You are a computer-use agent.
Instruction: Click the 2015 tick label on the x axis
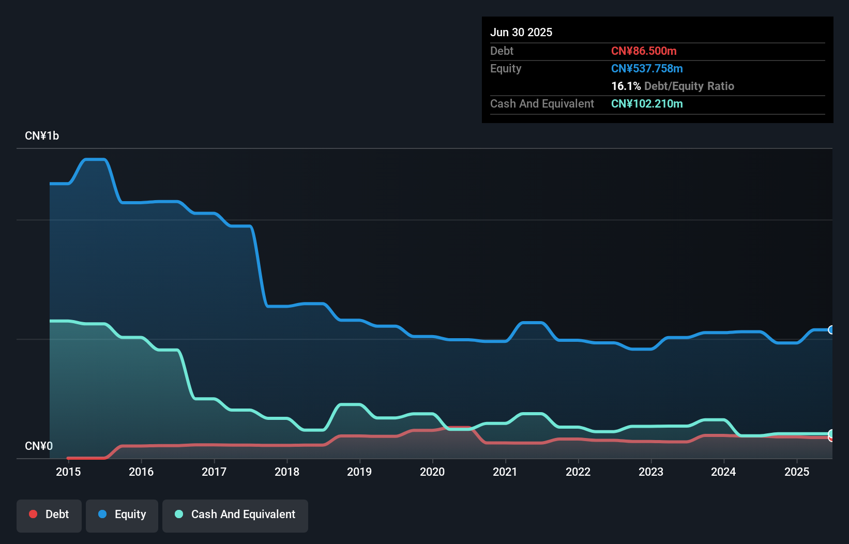[68, 472]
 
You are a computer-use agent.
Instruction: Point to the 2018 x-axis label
[287, 472]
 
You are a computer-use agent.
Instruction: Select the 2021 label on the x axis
[505, 472]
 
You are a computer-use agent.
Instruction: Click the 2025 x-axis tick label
[796, 472]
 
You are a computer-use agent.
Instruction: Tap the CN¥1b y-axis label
[42, 136]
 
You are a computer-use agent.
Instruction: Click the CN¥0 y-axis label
[39, 446]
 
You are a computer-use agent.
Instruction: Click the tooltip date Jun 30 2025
[521, 32]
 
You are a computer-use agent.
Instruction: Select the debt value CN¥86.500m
[644, 51]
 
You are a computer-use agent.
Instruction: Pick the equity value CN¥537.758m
[647, 68]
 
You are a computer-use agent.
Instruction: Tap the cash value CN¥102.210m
[647, 103]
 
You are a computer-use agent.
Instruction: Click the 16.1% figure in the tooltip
[626, 86]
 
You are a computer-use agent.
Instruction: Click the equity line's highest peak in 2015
[95, 160]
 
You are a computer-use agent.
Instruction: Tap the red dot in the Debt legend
[33, 514]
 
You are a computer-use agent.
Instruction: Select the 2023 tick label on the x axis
[650, 472]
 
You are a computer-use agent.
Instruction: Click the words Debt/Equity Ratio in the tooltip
[689, 86]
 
